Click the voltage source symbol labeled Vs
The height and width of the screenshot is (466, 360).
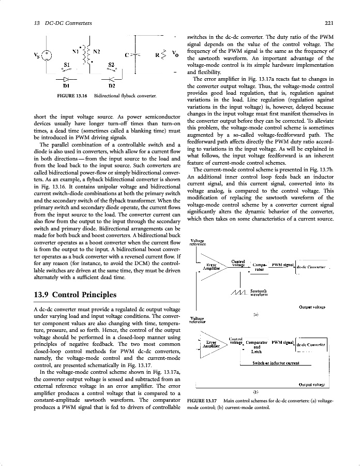[x=47, y=55]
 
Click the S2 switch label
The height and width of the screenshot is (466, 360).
[x=111, y=64]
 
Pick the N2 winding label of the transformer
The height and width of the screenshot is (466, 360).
[x=96, y=51]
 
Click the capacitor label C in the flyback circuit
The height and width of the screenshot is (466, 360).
[x=127, y=54]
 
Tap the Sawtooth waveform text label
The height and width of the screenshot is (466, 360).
[x=258, y=293]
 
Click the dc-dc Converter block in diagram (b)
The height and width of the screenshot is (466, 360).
[x=310, y=344]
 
